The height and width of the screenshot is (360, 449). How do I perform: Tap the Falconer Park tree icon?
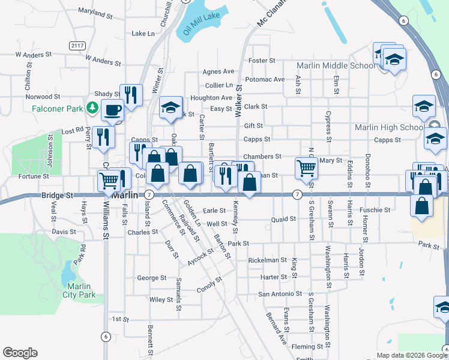pos(92,108)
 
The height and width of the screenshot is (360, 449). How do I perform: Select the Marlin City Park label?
pos(79,290)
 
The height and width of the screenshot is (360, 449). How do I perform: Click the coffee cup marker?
pos(112,110)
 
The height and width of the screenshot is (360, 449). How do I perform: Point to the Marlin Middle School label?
pos(336,65)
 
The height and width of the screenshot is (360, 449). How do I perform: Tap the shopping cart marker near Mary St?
pos(306,169)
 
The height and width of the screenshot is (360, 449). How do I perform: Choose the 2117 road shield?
pos(77,46)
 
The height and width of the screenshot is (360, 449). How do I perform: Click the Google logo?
pos(20,353)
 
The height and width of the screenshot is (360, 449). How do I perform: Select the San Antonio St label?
pos(280,294)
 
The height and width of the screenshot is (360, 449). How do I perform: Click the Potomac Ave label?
pos(265,79)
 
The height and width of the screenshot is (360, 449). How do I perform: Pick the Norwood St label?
pos(43,96)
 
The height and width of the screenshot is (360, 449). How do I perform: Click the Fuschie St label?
pos(375,210)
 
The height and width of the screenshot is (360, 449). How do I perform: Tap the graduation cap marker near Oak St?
pos(170,107)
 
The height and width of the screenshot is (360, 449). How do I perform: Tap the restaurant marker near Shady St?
pos(130,94)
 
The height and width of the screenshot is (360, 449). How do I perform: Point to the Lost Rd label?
pos(72,130)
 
